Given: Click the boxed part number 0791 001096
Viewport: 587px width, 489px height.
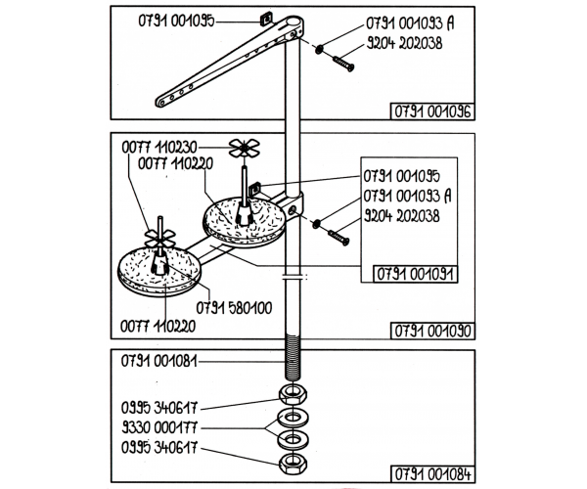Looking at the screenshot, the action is [432, 111].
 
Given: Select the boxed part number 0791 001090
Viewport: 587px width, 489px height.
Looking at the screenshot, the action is [432, 331].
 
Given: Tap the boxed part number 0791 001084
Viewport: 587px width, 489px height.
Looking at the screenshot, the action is [432, 474].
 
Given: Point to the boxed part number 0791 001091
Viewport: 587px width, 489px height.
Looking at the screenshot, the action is [415, 274].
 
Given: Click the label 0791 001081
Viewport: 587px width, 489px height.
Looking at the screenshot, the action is [159, 361].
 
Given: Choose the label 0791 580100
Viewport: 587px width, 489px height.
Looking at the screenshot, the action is [234, 308].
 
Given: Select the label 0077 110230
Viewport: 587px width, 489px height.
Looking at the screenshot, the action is [159, 148].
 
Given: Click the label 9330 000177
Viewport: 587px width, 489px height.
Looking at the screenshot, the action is [159, 426].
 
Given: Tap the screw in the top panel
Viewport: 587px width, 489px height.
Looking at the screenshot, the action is [343, 64].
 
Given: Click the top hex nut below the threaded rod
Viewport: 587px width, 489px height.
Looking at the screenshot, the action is [293, 394].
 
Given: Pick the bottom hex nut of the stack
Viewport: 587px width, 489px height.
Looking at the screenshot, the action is [293, 465].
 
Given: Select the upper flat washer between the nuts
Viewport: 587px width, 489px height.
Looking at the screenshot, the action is [293, 418].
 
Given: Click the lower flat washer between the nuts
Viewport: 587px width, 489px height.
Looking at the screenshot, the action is [293, 439].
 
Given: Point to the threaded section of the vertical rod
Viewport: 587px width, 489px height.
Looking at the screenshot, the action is [293, 358].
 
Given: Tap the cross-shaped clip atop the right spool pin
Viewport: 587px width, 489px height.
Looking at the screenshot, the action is [244, 149].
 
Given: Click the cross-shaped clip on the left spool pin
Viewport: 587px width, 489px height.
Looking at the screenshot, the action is [159, 239].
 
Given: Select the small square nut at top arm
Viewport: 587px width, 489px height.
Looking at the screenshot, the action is [266, 19].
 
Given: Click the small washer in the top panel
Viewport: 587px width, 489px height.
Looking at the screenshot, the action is [319, 49].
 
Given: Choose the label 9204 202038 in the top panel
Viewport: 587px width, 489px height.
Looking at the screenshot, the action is [404, 43].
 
